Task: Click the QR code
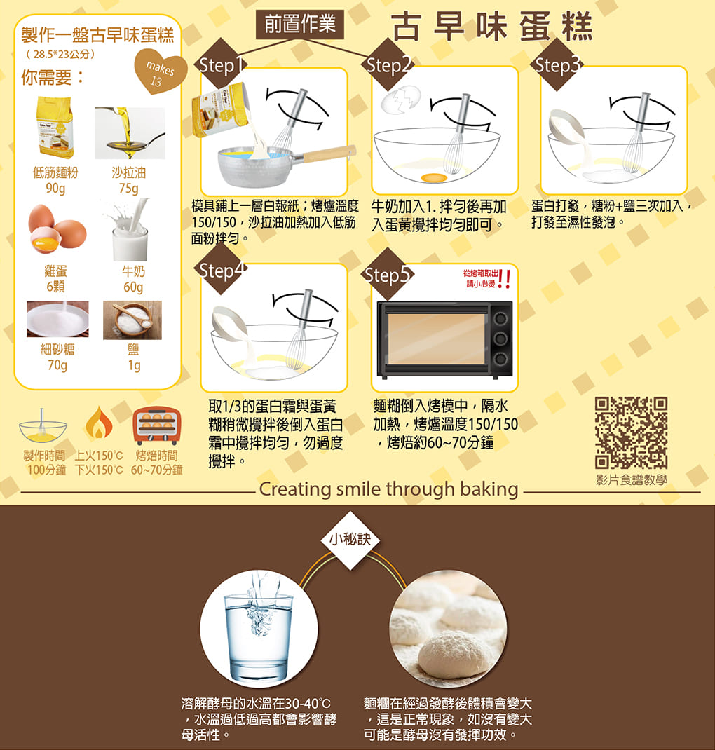[x=631, y=432]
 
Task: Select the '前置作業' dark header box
[x=300, y=24]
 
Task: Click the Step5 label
[x=388, y=275]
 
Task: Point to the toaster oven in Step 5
[x=444, y=340]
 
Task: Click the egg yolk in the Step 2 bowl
[x=434, y=178]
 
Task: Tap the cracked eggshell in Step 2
[x=401, y=100]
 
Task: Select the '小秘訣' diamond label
[x=350, y=540]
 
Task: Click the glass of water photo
[x=259, y=629]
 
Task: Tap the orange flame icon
[x=99, y=424]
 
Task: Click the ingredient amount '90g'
[x=55, y=189]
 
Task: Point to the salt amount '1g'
[x=134, y=365]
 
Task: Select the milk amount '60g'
[x=133, y=287]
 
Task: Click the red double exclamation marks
[x=504, y=279]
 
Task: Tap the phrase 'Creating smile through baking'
[x=389, y=489]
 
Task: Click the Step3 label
[x=557, y=65]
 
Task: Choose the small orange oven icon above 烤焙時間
[x=157, y=425]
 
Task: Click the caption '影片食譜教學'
[x=632, y=479]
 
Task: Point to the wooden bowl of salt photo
[x=132, y=320]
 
